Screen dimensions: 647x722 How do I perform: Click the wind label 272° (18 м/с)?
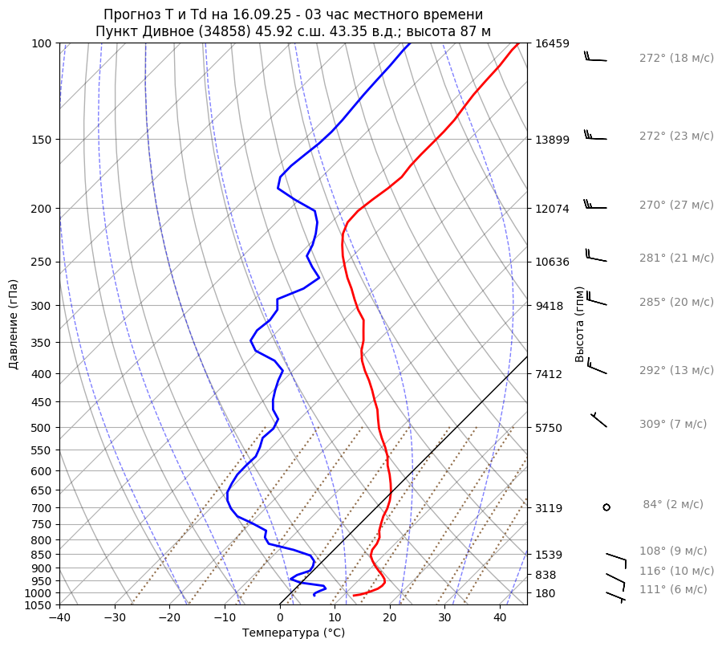pos(676,59)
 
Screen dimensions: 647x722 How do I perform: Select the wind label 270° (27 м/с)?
pos(676,205)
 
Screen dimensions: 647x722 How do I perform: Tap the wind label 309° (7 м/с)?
pos(673,425)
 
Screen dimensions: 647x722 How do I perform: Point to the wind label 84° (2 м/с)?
pos(673,505)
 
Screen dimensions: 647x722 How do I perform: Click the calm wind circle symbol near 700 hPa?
pos(606,507)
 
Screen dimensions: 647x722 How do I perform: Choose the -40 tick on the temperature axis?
pos(59,618)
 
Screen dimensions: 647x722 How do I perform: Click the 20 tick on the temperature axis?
pos(390,618)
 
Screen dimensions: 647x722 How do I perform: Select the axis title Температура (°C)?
pos(294,633)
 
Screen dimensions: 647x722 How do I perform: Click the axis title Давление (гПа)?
pos(14,324)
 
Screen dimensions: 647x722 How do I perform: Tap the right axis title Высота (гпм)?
pos(580,324)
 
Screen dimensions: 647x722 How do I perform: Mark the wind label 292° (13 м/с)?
pos(676,371)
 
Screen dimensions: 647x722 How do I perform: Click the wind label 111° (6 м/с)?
pos(673,590)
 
